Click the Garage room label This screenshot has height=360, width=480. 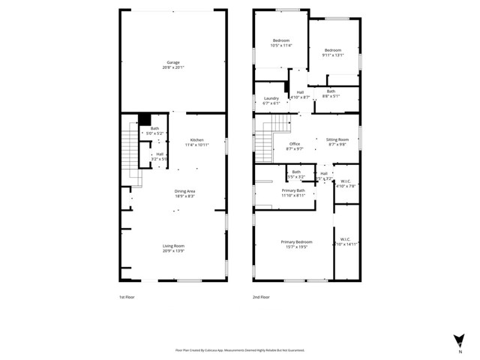point(173,64)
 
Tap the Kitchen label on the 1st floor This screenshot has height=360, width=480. point(196,142)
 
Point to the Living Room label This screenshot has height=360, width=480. point(174,248)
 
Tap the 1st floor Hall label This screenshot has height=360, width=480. point(159,156)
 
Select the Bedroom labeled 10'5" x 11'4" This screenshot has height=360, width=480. point(280,43)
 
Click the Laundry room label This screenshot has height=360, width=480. point(271,100)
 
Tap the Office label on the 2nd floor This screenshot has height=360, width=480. point(295,146)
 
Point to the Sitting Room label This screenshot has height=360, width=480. point(337,142)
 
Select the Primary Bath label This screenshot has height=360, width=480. point(293,193)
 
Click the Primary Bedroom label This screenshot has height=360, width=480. point(296,244)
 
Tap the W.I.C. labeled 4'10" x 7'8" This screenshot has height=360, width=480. point(346,183)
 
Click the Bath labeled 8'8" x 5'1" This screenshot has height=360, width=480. point(331,94)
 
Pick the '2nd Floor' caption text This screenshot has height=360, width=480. point(262,296)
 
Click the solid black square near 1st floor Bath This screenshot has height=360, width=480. point(145,118)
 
